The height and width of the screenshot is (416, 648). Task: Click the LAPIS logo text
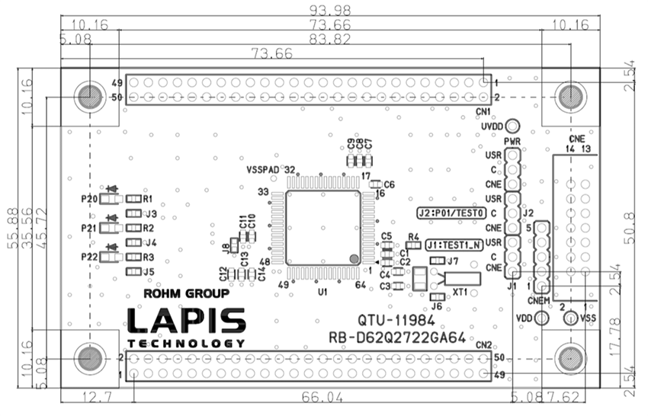pyautogui.click(x=187, y=321)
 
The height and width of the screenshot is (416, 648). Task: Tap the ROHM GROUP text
pyautogui.click(x=187, y=293)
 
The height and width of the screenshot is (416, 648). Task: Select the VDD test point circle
pyautogui.click(x=542, y=317)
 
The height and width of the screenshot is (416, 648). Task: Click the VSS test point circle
pyautogui.click(x=569, y=317)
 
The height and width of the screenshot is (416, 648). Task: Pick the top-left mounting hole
pyautogui.click(x=89, y=97)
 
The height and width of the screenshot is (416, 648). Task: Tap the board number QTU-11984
pyautogui.click(x=391, y=320)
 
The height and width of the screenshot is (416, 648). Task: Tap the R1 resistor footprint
pyautogui.click(x=134, y=198)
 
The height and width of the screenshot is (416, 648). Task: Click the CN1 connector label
pyautogui.click(x=483, y=112)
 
